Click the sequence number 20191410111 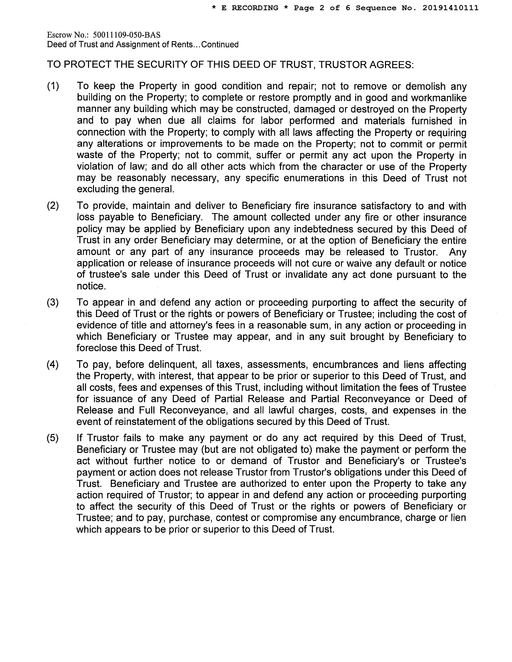pyautogui.click(x=450, y=8)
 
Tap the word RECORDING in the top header pyautogui.click(x=255, y=8)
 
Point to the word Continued pyautogui.click(x=220, y=45)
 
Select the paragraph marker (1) pyautogui.click(x=53, y=86)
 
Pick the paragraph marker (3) pyautogui.click(x=53, y=302)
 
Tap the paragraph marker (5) pyautogui.click(x=53, y=438)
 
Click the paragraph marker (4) pyautogui.click(x=53, y=365)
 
